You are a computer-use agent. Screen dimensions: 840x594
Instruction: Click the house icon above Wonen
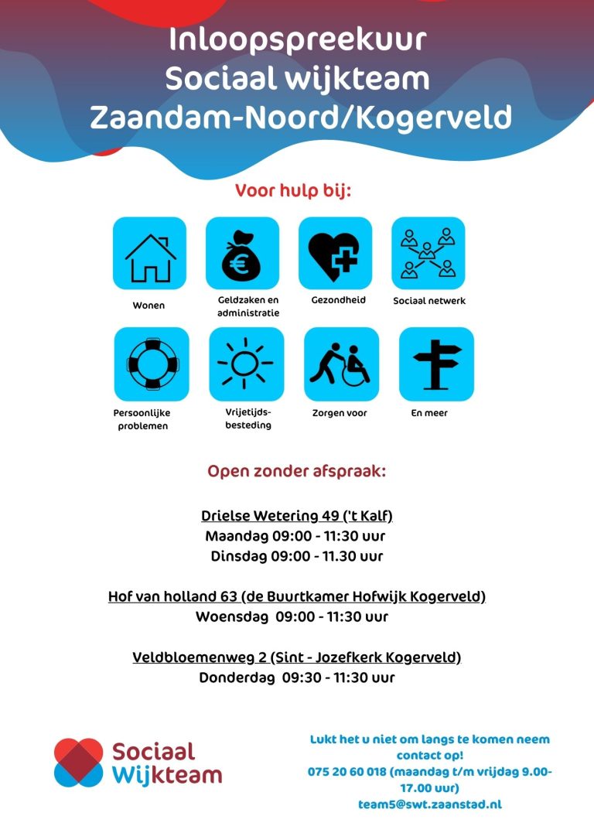tap(150, 253)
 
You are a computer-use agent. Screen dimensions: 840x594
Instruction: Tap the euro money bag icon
tap(242, 253)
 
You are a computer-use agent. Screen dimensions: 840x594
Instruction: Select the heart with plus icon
tap(335, 253)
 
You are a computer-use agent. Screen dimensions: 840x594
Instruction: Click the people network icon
tap(428, 253)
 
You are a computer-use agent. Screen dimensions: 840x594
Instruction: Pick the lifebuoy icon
tap(152, 364)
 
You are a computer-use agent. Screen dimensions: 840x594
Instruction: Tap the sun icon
tap(246, 364)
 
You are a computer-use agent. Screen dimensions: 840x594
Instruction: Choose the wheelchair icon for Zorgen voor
tap(341, 364)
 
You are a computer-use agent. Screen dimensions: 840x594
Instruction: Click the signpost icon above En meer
tap(436, 364)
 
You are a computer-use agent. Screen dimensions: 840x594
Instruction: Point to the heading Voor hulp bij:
tap(293, 190)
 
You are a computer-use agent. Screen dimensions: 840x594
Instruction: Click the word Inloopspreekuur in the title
tap(298, 39)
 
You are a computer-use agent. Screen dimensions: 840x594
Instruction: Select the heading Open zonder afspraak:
tap(296, 471)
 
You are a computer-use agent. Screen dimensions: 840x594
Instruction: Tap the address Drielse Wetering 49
tap(270, 516)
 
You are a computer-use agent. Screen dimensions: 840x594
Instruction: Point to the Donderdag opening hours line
tap(296, 678)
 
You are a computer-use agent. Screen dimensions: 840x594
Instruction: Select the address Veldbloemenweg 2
tap(200, 657)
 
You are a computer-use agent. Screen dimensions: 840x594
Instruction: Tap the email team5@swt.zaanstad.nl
tap(429, 804)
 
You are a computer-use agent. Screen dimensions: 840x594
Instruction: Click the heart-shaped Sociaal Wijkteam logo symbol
tap(78, 762)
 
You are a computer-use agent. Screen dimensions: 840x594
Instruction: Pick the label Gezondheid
tap(338, 300)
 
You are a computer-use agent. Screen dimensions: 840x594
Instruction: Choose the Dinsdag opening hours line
tap(296, 556)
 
